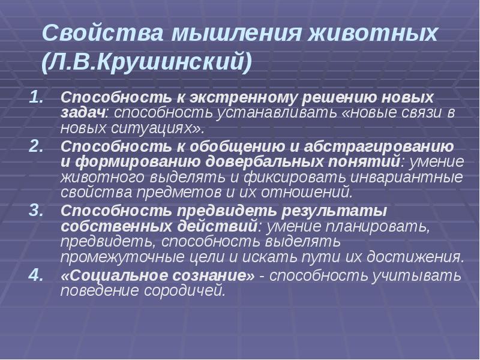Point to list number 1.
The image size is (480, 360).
(x=37, y=97)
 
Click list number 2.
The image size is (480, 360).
(x=37, y=146)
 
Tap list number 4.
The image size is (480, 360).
(x=37, y=275)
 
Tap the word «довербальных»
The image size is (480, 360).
(x=267, y=162)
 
